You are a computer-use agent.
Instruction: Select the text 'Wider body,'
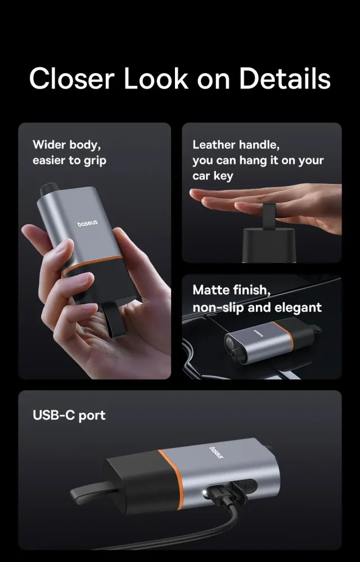pos(67,145)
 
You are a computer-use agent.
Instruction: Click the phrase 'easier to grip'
pos(70,161)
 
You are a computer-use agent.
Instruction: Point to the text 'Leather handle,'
pos(236,145)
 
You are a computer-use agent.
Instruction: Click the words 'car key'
pos(213,175)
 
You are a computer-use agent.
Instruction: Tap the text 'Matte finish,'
pos(232,289)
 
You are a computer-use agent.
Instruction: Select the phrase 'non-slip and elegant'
pos(257,307)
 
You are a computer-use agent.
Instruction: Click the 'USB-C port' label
pos(69,415)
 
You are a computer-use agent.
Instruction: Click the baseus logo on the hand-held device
pos(88,224)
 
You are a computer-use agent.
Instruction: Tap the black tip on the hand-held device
pos(48,189)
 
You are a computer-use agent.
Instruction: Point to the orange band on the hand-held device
pos(92,265)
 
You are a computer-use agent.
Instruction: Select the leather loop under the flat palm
pos(269,215)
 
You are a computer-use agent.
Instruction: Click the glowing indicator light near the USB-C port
pos(205,493)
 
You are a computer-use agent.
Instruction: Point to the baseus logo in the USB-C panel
pos(216,452)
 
